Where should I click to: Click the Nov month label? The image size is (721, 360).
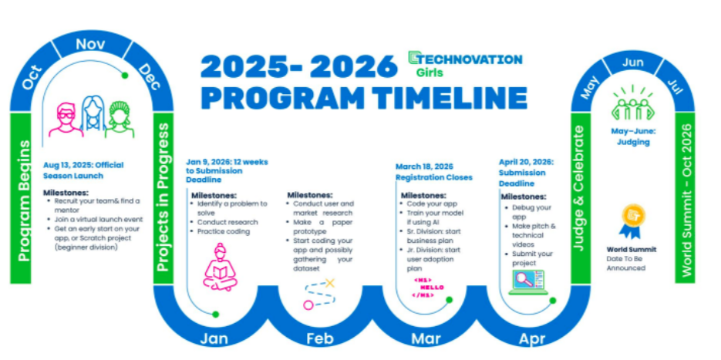pyautogui.click(x=90, y=45)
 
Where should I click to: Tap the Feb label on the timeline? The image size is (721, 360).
pyautogui.click(x=320, y=339)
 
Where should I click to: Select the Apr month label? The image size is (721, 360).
pyautogui.click(x=532, y=339)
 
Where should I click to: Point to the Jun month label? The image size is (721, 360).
pyautogui.click(x=633, y=63)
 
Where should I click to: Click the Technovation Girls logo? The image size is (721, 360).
pyautogui.click(x=465, y=64)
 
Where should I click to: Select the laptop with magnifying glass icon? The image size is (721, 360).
pyautogui.click(x=528, y=282)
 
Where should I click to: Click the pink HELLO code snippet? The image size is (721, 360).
pyautogui.click(x=429, y=288)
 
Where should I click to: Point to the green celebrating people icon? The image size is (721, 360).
pyautogui.click(x=632, y=103)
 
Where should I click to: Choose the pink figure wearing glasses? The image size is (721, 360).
pyautogui.click(x=66, y=120)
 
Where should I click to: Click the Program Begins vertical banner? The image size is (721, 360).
pyautogui.click(x=21, y=198)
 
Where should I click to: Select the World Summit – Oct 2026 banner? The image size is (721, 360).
pyautogui.click(x=685, y=198)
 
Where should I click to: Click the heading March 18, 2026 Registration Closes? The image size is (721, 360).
pyautogui.click(x=433, y=171)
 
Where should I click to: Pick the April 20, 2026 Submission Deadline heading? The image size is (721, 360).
pyautogui.click(x=526, y=173)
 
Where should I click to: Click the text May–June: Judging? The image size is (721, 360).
pyautogui.click(x=633, y=136)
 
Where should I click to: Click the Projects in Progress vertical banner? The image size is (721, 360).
pyautogui.click(x=163, y=198)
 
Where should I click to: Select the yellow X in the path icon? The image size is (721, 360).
pyautogui.click(x=330, y=283)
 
